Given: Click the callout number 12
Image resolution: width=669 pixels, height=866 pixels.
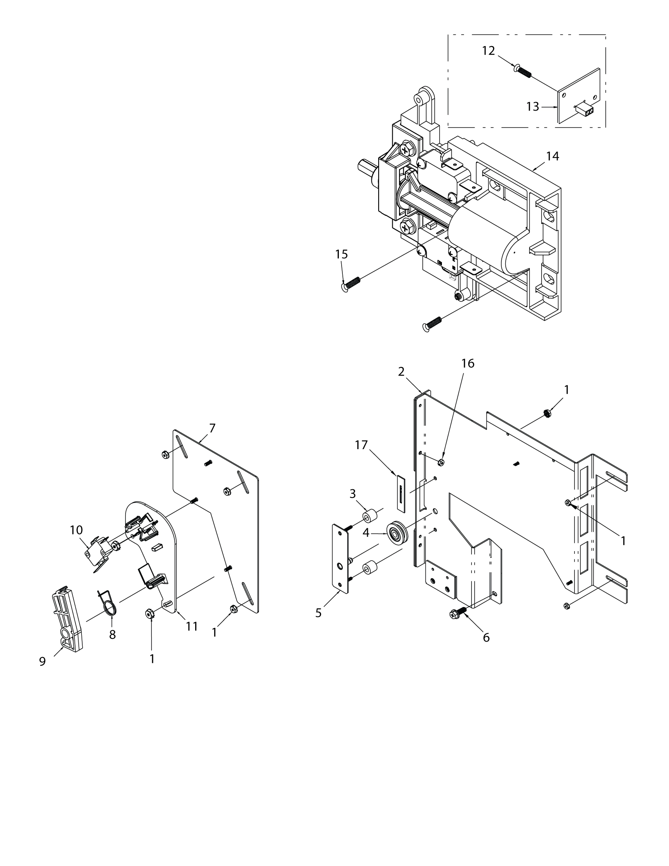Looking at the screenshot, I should pos(488,51).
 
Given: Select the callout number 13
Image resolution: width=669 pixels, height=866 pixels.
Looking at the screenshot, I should pos(533,107).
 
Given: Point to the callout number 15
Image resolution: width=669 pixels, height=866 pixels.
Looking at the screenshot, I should pos(341,254).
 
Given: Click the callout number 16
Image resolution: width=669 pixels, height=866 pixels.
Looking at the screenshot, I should pos(468,363).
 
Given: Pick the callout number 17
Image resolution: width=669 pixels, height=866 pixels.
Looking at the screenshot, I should pos(361,445).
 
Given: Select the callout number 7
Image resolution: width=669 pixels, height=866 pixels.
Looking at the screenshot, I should pos(212,428).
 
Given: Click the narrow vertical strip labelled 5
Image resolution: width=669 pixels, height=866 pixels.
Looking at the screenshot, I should pos(340,557).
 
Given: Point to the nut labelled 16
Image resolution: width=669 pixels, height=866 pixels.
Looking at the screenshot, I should pos(441,462).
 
